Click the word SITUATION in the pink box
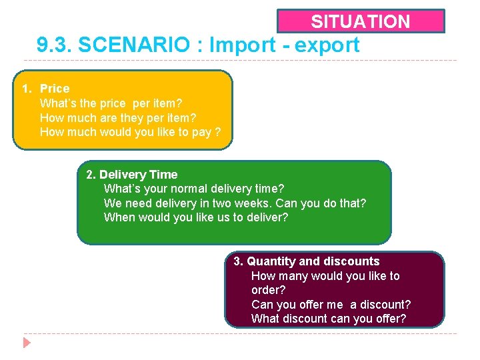(x=361, y=21)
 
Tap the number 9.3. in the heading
(x=54, y=45)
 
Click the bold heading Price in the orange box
(x=55, y=89)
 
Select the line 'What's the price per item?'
(x=111, y=103)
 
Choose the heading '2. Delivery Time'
(x=132, y=175)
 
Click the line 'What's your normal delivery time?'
(x=193, y=189)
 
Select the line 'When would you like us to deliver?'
(x=196, y=217)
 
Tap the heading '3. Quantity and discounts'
(x=307, y=261)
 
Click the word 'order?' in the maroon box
(x=268, y=290)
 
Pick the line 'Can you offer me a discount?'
(x=331, y=305)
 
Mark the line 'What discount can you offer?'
(x=328, y=319)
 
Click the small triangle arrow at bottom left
(x=27, y=343)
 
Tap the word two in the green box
(x=231, y=203)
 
